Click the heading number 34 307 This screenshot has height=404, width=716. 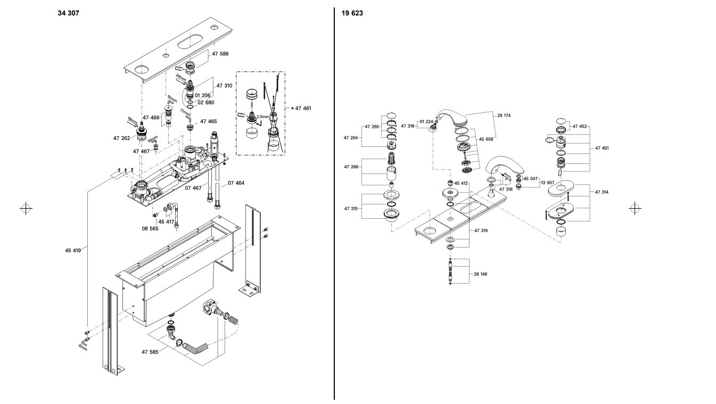point(68,13)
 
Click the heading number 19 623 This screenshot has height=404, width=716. point(352,13)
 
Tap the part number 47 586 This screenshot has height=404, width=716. point(220,54)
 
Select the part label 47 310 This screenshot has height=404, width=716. point(224,86)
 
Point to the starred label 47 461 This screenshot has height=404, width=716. point(301,108)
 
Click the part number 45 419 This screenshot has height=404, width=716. point(73,250)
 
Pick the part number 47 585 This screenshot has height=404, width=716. point(150,352)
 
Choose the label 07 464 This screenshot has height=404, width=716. point(236,183)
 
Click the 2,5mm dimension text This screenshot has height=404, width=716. point(262,116)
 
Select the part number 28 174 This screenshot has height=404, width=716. point(503,115)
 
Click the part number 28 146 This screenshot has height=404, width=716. point(480,274)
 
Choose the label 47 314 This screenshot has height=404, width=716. point(602,192)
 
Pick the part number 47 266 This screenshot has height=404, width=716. point(351,167)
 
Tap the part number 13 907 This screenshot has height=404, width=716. point(548,183)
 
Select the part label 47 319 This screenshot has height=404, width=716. point(481,230)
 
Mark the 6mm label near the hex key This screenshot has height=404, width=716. point(82,346)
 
